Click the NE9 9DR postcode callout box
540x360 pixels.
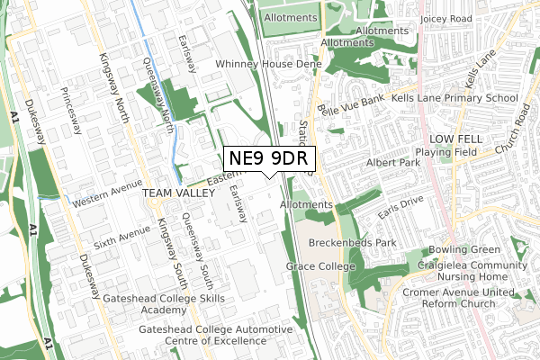269,158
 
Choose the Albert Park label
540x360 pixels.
393,163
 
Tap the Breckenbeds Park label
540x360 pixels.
352,244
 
